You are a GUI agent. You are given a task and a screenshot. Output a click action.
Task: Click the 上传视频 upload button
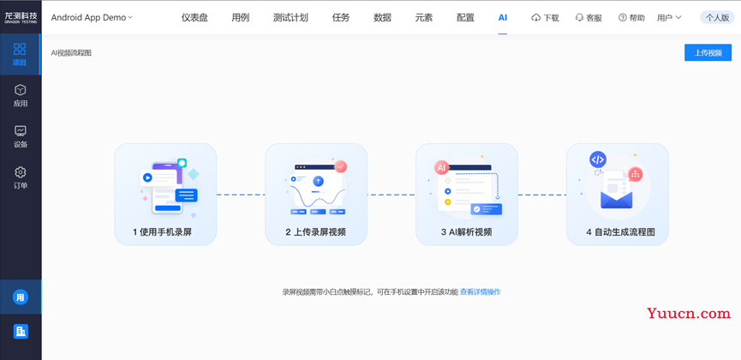(708, 52)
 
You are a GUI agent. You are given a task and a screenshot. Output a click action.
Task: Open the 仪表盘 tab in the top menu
(194, 18)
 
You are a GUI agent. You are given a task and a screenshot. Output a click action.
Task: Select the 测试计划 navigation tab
(290, 18)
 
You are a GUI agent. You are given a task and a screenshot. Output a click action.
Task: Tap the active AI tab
(502, 18)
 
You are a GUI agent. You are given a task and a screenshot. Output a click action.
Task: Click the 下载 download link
(545, 18)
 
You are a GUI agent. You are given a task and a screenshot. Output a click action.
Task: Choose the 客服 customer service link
(589, 18)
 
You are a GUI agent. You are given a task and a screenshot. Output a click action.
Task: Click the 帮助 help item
(631, 18)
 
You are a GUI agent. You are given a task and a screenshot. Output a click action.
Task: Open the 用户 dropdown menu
(669, 18)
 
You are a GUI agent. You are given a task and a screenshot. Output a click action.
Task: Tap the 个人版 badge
(717, 18)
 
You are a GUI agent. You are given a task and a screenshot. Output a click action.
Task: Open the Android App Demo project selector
(92, 18)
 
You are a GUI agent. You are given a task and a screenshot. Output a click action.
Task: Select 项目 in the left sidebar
(20, 54)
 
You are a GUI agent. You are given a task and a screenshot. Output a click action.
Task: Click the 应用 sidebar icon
(21, 90)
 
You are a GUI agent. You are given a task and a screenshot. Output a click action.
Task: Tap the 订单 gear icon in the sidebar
(21, 172)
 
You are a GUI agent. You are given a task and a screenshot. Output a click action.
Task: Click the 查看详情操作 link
(480, 292)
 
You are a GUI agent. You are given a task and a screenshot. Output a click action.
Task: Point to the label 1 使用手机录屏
(162, 232)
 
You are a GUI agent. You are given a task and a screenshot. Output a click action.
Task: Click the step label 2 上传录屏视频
(315, 232)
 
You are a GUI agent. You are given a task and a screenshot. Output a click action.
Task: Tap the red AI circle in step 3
(441, 167)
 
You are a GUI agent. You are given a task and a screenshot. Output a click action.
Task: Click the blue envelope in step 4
(616, 200)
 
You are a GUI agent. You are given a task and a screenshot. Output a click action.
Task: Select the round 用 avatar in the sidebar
(21, 297)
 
